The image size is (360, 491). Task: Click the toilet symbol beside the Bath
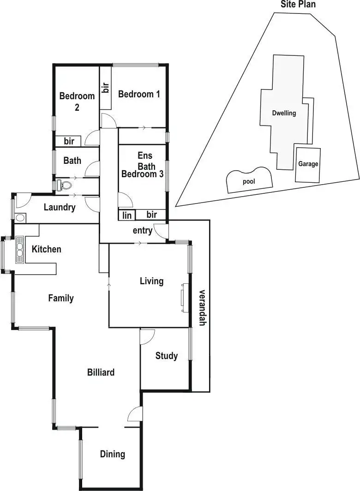(65, 185)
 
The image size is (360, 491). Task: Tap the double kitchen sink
(20, 249)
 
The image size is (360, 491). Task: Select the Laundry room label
(60, 207)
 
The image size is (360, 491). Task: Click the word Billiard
(101, 372)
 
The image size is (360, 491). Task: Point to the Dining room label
(113, 454)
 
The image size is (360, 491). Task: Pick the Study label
(166, 356)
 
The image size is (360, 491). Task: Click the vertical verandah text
(202, 308)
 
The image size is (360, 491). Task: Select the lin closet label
(126, 216)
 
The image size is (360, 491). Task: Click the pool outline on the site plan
(249, 180)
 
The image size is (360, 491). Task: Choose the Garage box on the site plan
(308, 164)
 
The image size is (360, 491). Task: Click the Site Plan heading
(298, 5)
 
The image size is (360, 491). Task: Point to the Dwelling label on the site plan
(284, 113)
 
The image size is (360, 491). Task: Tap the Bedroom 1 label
(139, 94)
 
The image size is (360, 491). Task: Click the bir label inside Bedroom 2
(69, 141)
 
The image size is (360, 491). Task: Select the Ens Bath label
(145, 161)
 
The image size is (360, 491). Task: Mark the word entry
(142, 231)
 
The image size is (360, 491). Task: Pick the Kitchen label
(46, 249)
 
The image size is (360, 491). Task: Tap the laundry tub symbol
(20, 218)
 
